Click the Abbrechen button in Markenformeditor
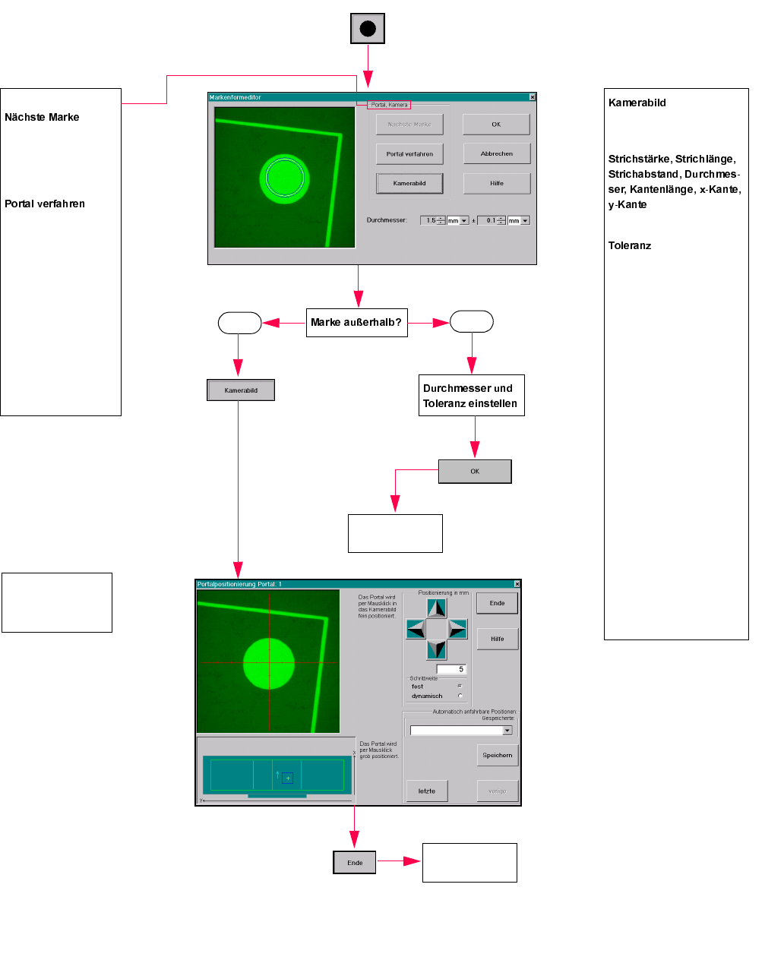tap(497, 153)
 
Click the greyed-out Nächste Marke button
tap(409, 125)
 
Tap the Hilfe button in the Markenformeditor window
tap(497, 183)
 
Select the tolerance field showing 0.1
tap(490, 221)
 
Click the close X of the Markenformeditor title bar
tap(532, 97)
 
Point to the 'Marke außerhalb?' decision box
tap(356, 322)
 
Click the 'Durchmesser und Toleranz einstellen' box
tap(471, 396)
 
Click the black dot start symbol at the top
tap(368, 29)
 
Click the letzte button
tap(427, 791)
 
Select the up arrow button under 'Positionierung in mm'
tap(437, 608)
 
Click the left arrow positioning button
tap(416, 629)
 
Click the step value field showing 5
tap(450, 669)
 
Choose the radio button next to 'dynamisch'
tap(460, 696)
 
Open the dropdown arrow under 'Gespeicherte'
tap(507, 731)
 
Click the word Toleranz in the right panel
tap(630, 246)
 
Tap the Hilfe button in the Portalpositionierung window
tap(498, 639)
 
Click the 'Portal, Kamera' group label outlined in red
tap(389, 105)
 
